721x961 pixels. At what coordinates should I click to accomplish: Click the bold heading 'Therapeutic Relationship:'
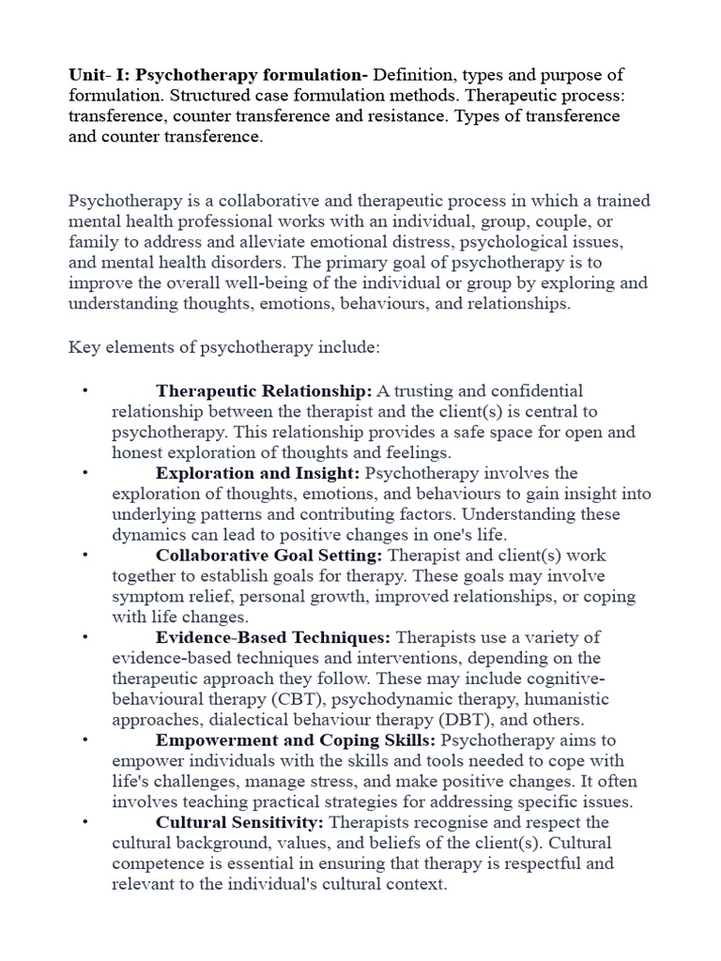264,390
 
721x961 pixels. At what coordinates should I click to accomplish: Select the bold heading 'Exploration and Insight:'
258,473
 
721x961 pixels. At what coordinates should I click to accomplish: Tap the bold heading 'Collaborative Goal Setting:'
270,556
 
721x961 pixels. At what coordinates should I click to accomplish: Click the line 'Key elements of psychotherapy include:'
223,347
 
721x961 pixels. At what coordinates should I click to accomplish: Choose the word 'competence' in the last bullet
154,864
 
